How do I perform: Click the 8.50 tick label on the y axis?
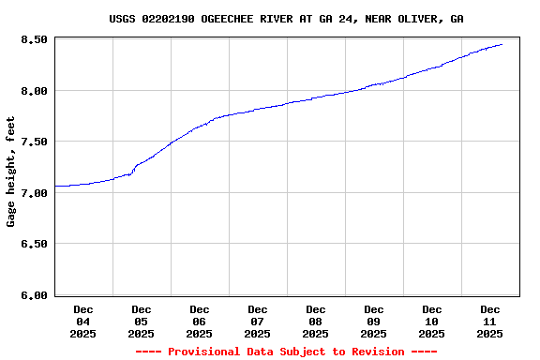tap(34, 39)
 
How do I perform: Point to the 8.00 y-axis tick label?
tap(34, 91)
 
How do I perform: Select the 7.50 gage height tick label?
tap(34, 142)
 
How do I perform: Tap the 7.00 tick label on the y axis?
tap(34, 193)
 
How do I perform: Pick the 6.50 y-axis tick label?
tap(34, 244)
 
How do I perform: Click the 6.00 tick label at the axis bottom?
tap(34, 295)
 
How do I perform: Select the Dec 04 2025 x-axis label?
tap(83, 322)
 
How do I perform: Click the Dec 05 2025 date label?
tap(142, 322)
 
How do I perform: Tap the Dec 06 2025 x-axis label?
tap(200, 322)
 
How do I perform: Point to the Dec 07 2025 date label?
tap(258, 322)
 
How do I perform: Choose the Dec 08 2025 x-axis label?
tap(316, 322)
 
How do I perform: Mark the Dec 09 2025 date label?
tap(374, 322)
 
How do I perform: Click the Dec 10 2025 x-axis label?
tap(432, 322)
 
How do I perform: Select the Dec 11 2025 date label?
tap(490, 322)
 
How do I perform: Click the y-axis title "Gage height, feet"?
tap(11, 172)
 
